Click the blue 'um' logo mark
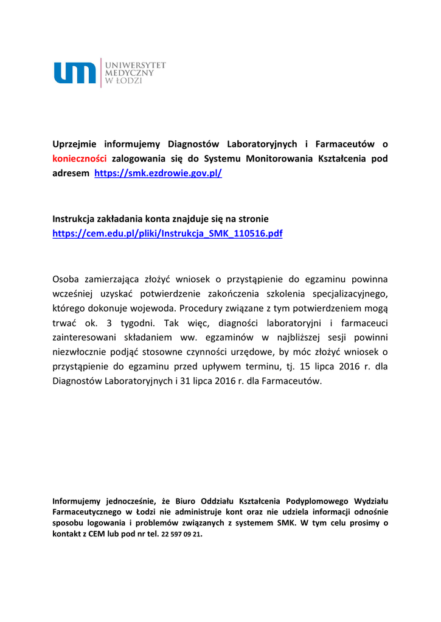pyautogui.click(x=75, y=73)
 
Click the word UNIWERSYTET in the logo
pyautogui.click(x=136, y=64)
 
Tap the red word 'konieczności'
pyautogui.click(x=80, y=159)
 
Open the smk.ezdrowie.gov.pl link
pyautogui.click(x=158, y=173)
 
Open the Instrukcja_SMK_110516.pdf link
pyautogui.click(x=167, y=233)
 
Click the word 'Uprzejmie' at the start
pyautogui.click(x=75, y=144)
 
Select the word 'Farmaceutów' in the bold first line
pyautogui.click(x=344, y=144)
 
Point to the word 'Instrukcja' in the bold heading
pyautogui.click(x=75, y=219)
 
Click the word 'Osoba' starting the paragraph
pyautogui.click(x=66, y=279)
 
